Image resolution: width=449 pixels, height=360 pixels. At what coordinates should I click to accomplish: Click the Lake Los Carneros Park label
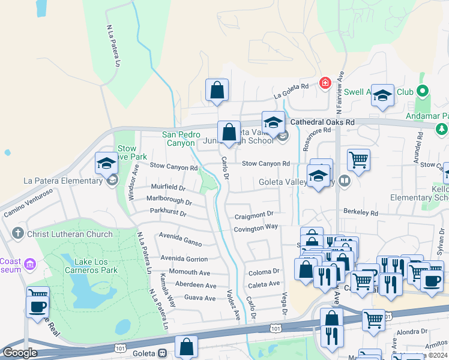click(x=96, y=262)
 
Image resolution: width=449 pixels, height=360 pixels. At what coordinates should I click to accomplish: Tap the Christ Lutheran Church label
click(x=70, y=233)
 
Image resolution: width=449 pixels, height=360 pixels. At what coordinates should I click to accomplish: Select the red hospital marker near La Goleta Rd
click(x=325, y=82)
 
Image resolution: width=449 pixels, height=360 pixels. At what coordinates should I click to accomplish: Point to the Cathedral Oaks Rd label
click(x=322, y=122)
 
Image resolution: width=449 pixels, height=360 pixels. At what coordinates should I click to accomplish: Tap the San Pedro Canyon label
click(x=179, y=139)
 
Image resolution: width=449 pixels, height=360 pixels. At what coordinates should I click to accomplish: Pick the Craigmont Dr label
click(x=254, y=214)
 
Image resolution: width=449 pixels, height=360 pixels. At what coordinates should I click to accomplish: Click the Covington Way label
click(x=256, y=227)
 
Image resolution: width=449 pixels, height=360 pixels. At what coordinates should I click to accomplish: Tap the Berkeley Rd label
click(x=360, y=212)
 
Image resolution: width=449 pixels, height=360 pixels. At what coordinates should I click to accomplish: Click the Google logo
click(x=20, y=353)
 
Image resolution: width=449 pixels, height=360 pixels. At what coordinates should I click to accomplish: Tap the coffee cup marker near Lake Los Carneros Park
click(x=38, y=305)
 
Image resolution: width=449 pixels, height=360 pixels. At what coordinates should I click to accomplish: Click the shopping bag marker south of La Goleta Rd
click(x=217, y=90)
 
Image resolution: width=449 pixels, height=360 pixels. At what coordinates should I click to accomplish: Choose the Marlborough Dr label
click(x=169, y=200)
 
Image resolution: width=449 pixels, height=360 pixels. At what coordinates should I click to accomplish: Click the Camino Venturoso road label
click(x=28, y=202)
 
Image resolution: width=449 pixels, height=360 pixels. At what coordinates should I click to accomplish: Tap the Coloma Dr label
click(x=264, y=272)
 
